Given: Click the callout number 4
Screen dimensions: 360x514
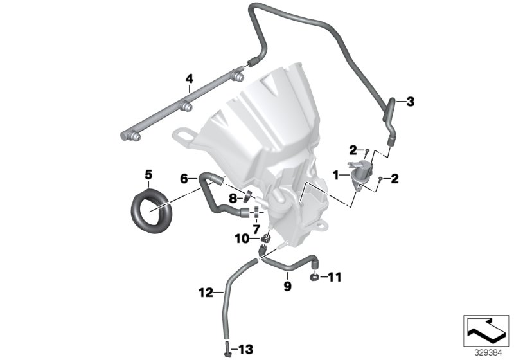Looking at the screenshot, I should pyautogui.click(x=189, y=78).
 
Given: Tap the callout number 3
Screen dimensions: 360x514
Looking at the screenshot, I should pyautogui.click(x=411, y=101).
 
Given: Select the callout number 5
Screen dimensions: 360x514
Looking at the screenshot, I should pyautogui.click(x=148, y=174).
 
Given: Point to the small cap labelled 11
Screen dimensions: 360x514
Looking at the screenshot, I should pyautogui.click(x=314, y=277).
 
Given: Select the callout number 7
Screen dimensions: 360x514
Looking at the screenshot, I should pyautogui.click(x=256, y=229).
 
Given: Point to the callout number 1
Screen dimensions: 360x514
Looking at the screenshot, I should pyautogui.click(x=336, y=174).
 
